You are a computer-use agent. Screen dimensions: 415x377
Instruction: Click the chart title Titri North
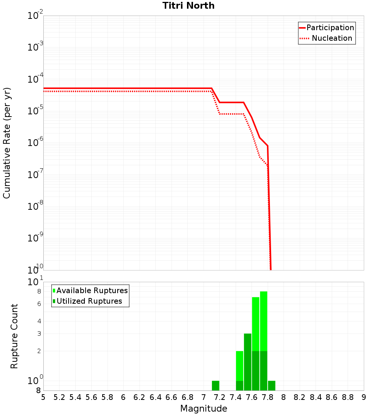pos(188,6)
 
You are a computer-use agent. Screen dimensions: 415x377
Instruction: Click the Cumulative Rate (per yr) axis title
pos(7,143)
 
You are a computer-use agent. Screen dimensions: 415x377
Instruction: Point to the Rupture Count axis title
pos(14,336)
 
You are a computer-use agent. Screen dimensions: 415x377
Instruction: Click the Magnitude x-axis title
pos(204,409)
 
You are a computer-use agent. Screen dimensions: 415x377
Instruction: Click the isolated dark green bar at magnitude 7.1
pos(215,386)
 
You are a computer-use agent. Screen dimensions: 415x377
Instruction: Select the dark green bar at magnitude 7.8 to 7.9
pos(271,386)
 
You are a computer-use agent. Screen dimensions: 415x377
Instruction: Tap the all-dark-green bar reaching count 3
pos(247,362)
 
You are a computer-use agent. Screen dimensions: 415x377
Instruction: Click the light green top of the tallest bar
pos(264,321)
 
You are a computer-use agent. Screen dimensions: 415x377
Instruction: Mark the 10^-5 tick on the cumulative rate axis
pos(35,111)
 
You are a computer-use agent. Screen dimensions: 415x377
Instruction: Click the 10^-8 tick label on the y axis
pos(35,206)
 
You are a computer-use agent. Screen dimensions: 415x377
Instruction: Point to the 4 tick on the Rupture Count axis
pos(39,321)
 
